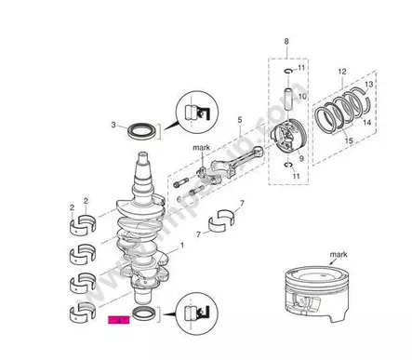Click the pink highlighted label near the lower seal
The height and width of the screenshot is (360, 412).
(117, 319)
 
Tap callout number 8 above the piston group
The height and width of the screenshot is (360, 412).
(286, 42)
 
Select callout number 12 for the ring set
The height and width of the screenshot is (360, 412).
(342, 72)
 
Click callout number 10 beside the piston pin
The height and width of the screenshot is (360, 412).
(301, 96)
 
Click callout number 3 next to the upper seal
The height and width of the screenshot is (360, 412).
(113, 124)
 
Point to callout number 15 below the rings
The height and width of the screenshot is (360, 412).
(350, 140)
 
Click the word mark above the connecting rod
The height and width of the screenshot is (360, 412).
(203, 148)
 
